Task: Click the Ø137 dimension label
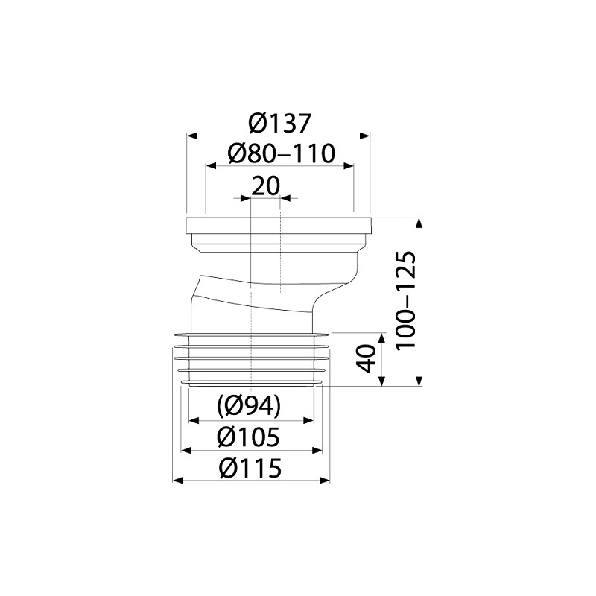279,123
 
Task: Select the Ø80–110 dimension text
282,153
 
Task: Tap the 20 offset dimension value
266,185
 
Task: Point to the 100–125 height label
405,300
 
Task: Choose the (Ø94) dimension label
249,405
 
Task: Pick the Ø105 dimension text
248,437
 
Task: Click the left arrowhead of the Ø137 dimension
192,136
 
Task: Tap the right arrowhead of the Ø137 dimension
364,136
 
